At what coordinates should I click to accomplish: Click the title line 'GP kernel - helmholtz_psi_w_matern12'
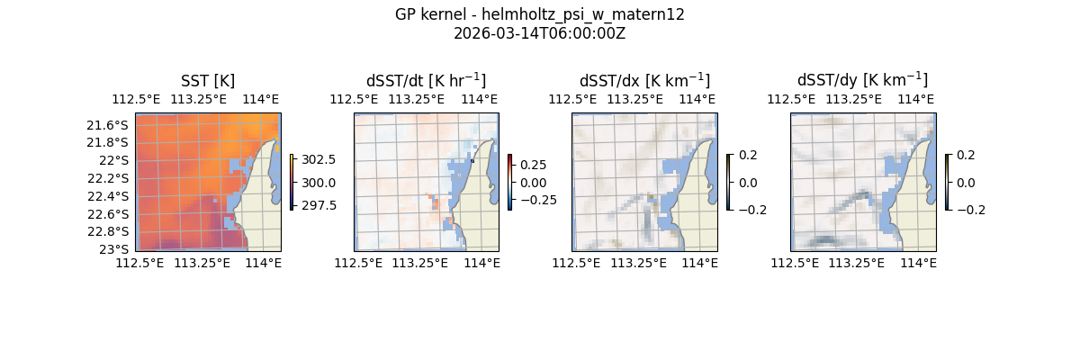pos(539,14)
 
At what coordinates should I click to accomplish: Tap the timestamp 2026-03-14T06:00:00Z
pos(539,34)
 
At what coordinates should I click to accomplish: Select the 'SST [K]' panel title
pos(208,81)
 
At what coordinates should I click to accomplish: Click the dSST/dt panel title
pos(426,81)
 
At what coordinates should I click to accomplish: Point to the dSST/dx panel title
pos(644,81)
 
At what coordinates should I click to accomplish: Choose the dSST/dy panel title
pos(862,81)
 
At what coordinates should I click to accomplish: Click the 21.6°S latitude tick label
pos(107,124)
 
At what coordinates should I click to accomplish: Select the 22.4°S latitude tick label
pos(107,196)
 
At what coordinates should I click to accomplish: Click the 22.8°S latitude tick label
pos(107,231)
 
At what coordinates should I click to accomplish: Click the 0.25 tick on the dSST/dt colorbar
pos(533,165)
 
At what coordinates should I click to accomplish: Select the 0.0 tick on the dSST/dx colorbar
pos(748,182)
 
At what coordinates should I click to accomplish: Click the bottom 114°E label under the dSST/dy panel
pos(918,263)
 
